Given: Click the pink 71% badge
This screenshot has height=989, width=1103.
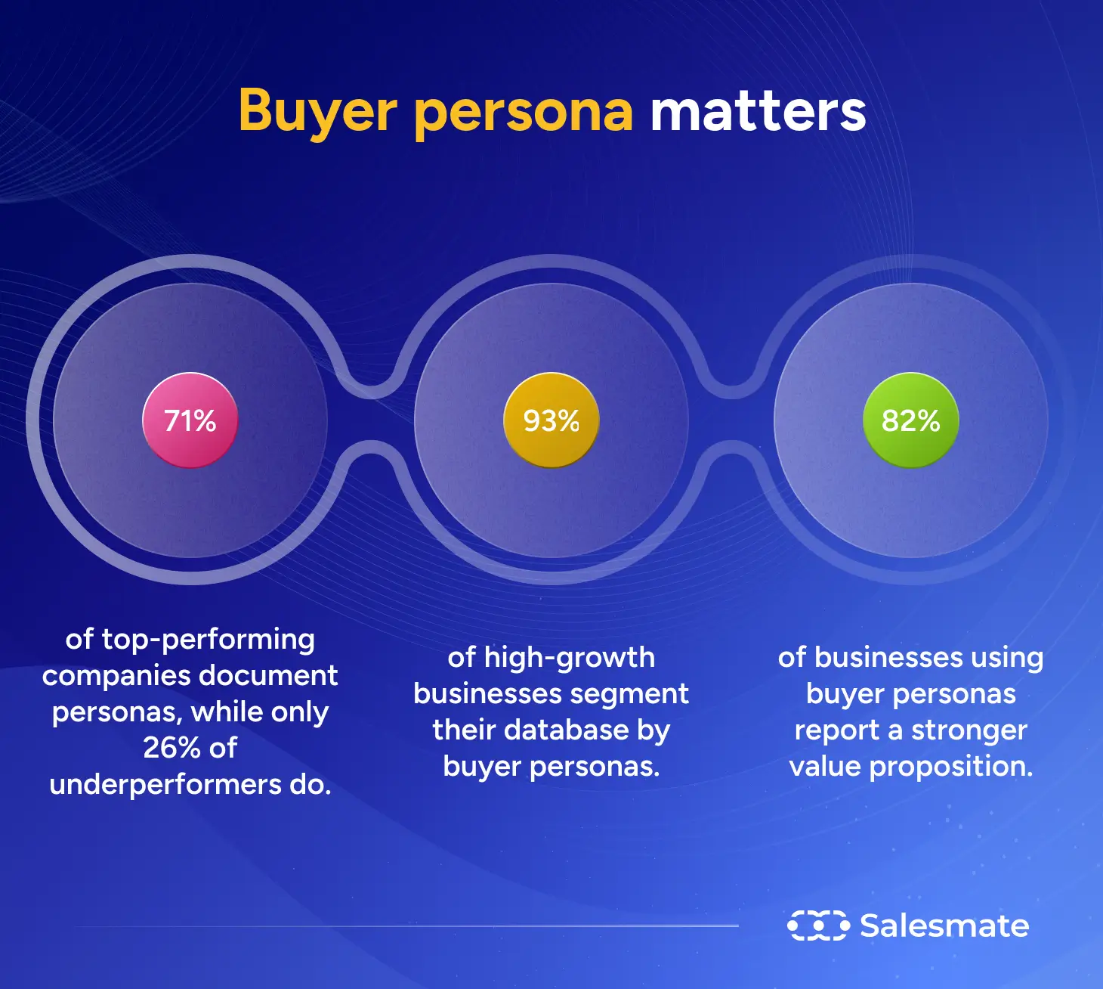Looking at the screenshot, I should [190, 420].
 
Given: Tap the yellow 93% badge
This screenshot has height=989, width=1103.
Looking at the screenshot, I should [551, 420].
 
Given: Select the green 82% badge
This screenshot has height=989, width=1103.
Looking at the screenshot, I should [910, 420].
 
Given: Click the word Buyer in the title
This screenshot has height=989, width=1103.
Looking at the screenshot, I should [317, 111].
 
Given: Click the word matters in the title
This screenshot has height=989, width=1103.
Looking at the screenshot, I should [758, 111].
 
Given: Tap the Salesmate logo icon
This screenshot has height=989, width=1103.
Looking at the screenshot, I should [817, 925].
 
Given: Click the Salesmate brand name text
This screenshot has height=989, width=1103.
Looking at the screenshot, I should [944, 925].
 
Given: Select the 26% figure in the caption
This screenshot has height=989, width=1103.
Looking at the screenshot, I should [171, 748].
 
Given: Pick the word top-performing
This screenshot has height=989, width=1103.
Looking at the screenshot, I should [209, 640].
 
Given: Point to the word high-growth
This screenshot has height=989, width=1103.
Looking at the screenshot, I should [569, 658].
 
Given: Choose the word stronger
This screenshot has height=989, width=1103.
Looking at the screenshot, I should [969, 730].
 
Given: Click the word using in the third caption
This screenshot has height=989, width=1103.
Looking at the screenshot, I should [1006, 658].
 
